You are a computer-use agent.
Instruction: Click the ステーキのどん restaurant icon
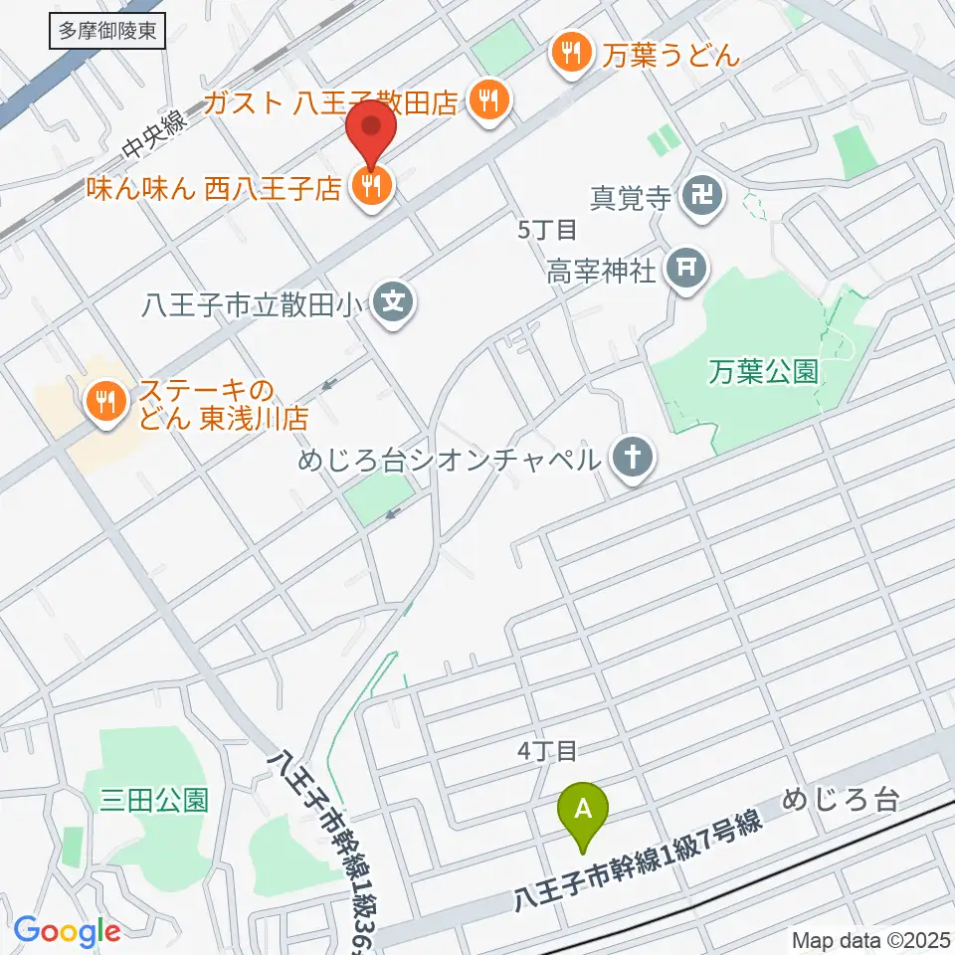click(103, 401)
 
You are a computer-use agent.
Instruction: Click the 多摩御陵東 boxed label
click(107, 31)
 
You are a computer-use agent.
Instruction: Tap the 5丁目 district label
click(548, 230)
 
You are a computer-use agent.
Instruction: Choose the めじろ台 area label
click(841, 798)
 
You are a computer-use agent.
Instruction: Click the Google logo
click(67, 931)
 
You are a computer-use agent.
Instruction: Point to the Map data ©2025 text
click(871, 939)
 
